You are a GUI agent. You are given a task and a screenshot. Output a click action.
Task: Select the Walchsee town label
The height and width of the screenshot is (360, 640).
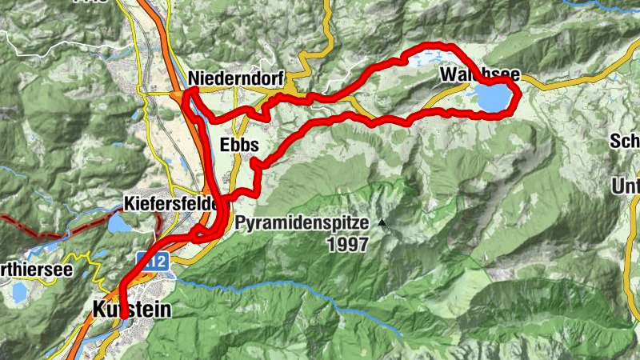[479, 75]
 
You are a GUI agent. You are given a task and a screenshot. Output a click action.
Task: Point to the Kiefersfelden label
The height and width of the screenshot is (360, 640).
[173, 204]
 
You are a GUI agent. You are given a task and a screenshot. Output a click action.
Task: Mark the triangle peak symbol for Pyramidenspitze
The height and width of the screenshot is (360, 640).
[383, 223]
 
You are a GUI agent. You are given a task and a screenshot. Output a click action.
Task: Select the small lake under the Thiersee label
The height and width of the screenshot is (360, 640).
[18, 291]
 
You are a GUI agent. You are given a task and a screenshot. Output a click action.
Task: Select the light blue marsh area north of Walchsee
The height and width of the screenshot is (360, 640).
[424, 58]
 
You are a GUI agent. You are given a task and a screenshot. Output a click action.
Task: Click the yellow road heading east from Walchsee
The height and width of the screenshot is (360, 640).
[560, 82]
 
